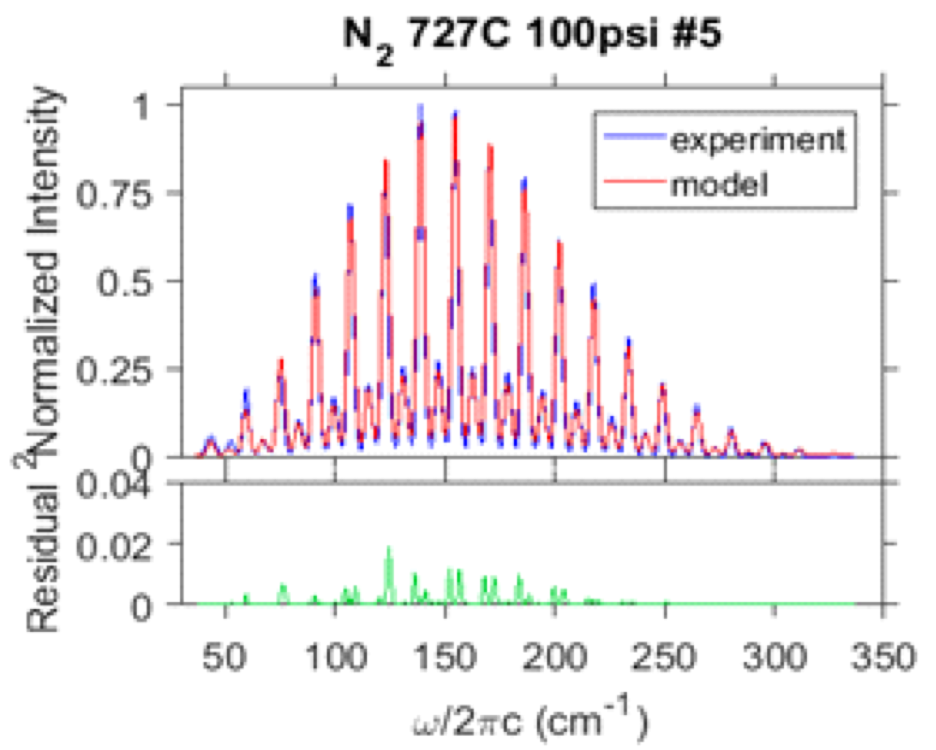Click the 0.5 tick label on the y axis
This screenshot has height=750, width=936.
coord(123,282)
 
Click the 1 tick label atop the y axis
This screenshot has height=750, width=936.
coord(141,107)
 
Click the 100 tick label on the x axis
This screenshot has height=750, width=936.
coord(335,658)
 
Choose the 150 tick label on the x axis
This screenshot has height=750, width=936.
coord(445,658)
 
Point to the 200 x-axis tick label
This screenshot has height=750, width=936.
coord(555,658)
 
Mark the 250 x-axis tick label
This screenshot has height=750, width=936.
coord(664,658)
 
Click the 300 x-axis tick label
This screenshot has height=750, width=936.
coord(774,658)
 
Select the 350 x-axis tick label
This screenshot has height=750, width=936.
coord(883,658)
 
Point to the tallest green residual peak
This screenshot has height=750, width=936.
coord(389,547)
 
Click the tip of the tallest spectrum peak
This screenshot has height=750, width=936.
coord(420,106)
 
